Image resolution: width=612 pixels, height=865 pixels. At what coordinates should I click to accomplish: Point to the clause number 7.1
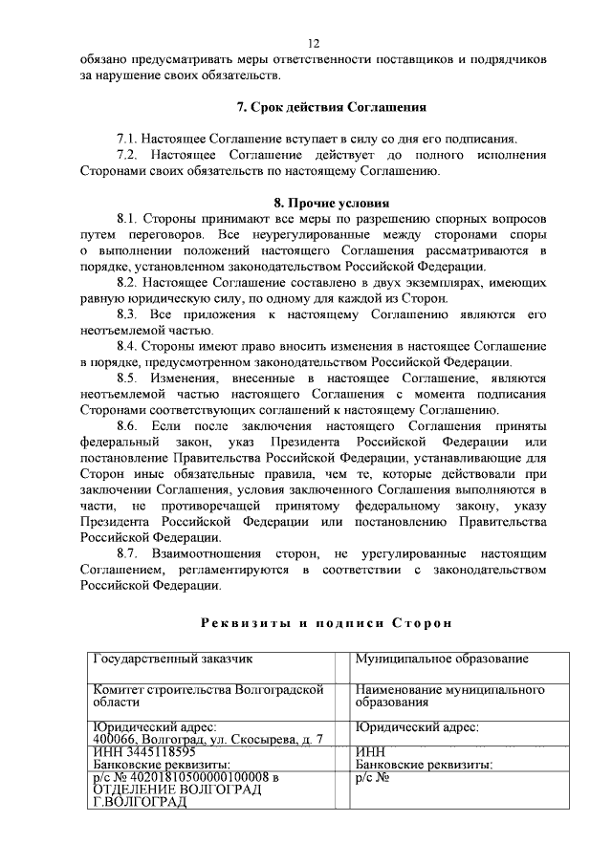pyautogui.click(x=128, y=139)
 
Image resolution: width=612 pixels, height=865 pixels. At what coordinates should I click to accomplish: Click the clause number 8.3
pyautogui.click(x=129, y=314)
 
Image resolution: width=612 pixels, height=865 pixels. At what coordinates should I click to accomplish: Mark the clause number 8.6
pyautogui.click(x=129, y=425)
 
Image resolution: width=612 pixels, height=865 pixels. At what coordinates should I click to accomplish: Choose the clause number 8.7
pyautogui.click(x=129, y=553)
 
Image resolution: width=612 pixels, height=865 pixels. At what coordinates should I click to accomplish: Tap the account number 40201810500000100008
pyautogui.click(x=200, y=778)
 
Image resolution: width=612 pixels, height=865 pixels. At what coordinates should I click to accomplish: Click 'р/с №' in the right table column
pyautogui.click(x=371, y=778)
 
